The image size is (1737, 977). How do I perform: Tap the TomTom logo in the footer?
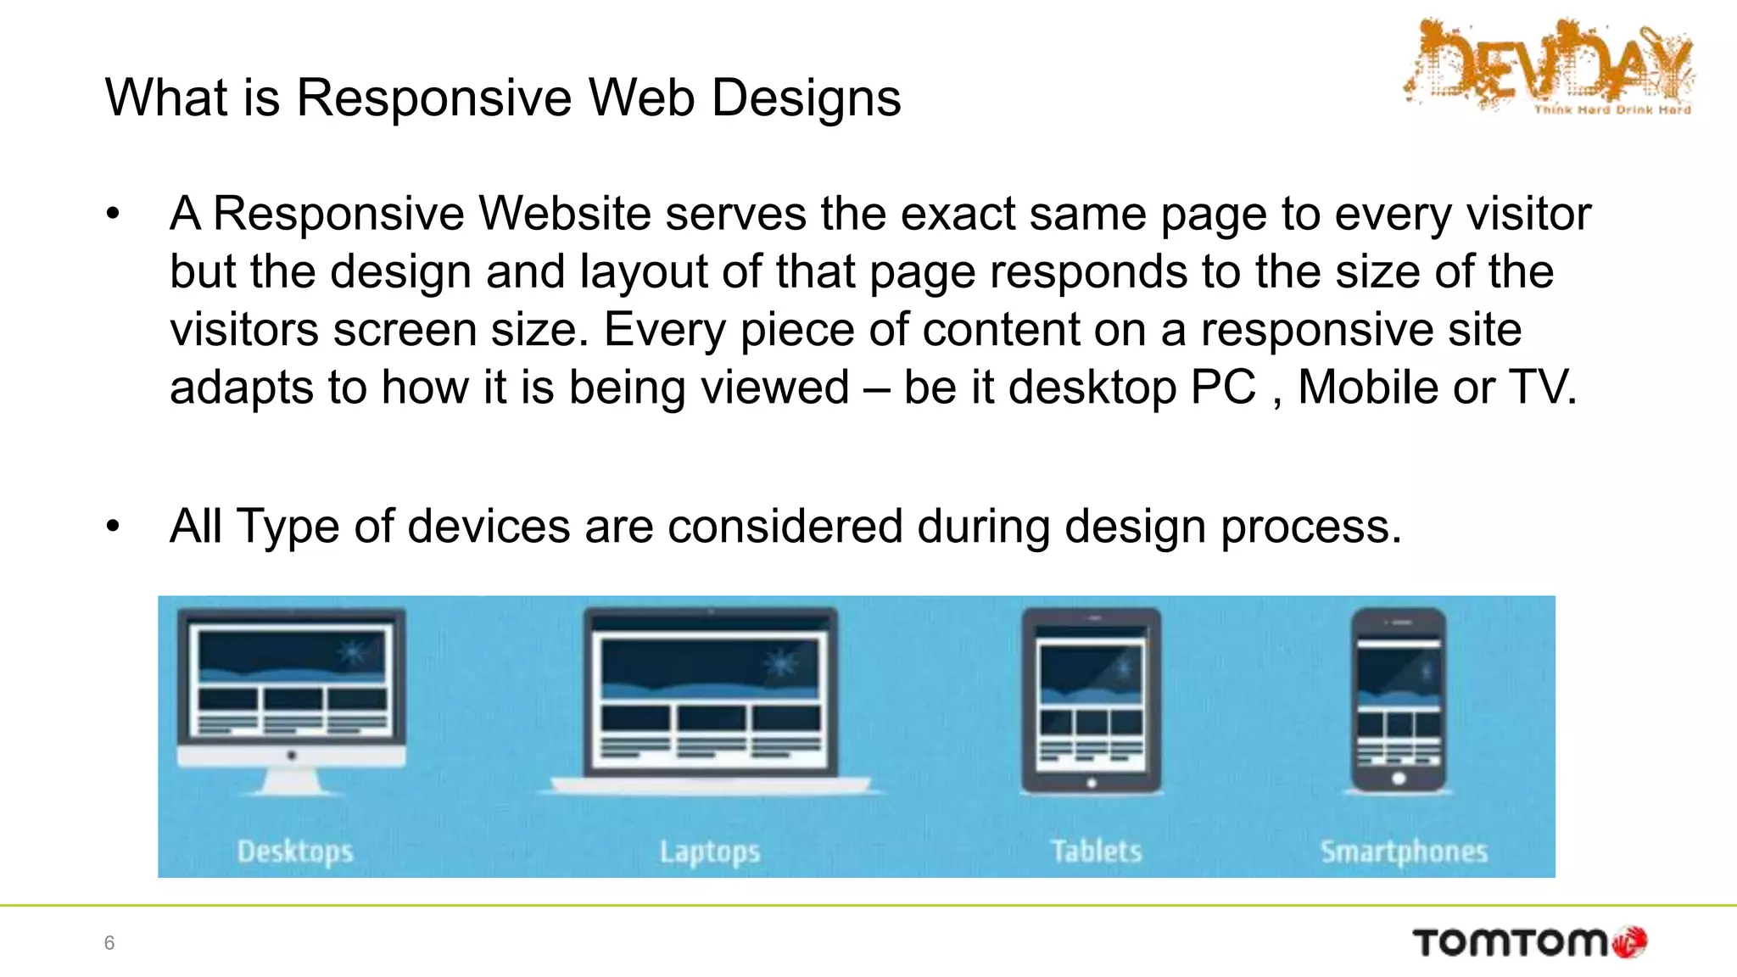pyautogui.click(x=1529, y=942)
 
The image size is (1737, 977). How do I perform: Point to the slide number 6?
pyautogui.click(x=109, y=942)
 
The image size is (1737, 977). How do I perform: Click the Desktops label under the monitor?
pyautogui.click(x=295, y=851)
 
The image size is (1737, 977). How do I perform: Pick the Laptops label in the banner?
pyautogui.click(x=710, y=851)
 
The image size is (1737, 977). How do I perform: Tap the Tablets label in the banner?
pyautogui.click(x=1096, y=851)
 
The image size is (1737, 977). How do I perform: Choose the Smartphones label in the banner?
pyautogui.click(x=1404, y=851)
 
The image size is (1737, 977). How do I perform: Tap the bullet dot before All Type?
pyautogui.click(x=114, y=527)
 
